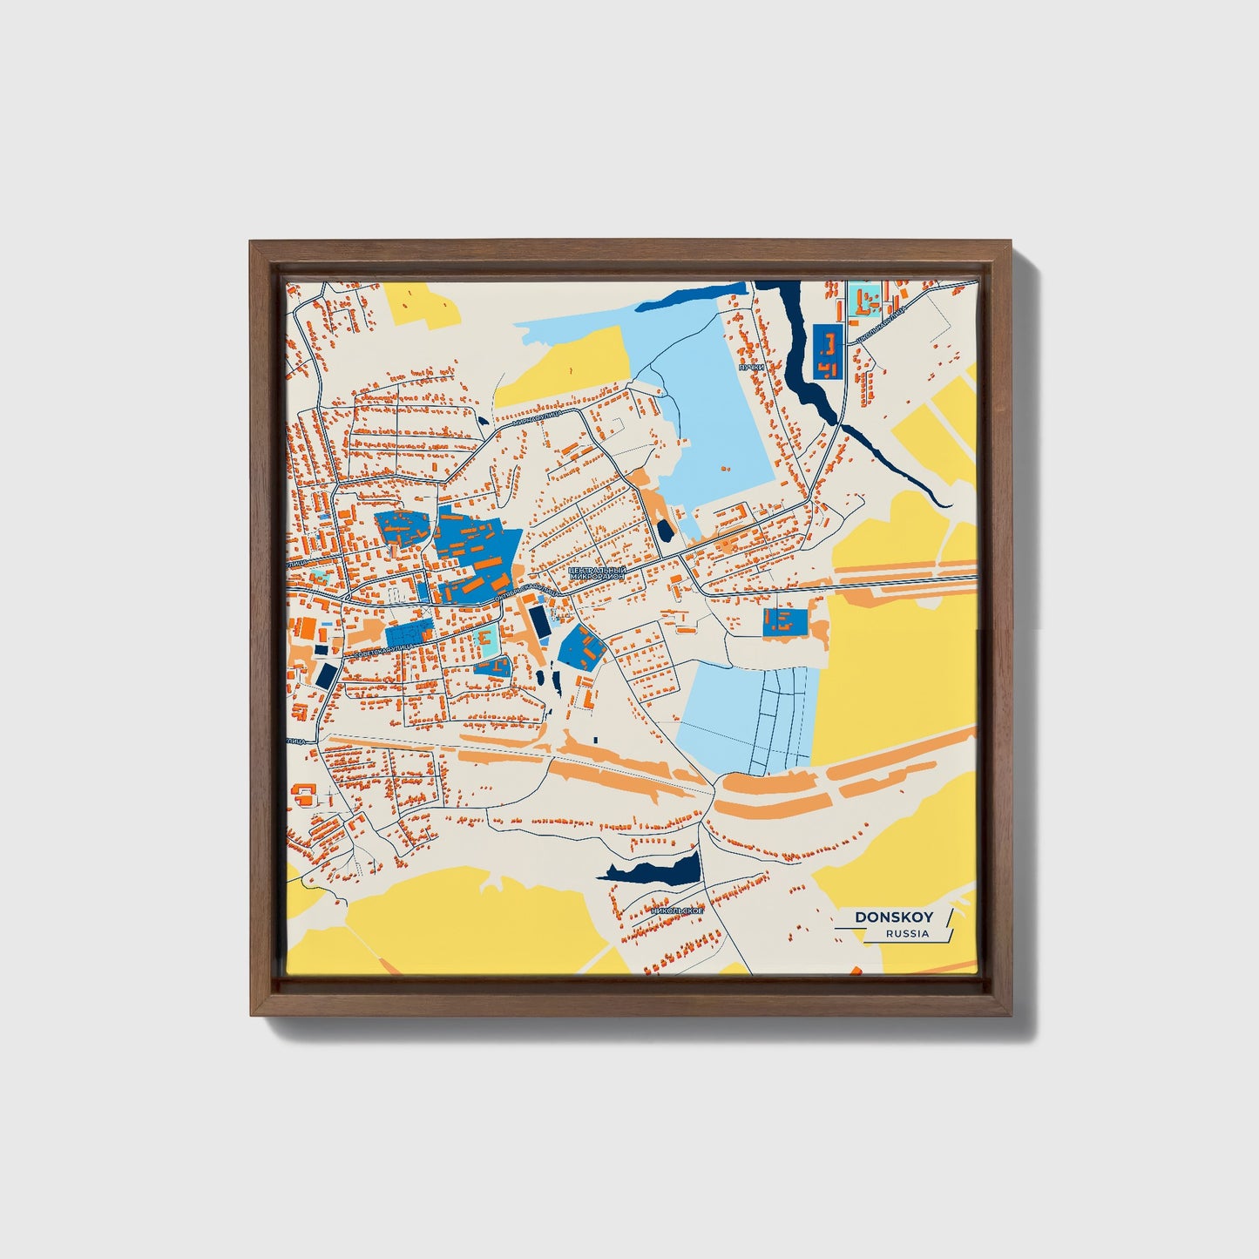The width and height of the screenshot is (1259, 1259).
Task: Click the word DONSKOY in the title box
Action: [x=894, y=917]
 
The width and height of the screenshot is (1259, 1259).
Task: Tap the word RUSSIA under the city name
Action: [x=907, y=934]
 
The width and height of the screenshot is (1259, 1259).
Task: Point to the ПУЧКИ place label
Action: [x=750, y=368]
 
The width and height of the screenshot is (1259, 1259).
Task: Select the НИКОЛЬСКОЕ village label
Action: [x=676, y=910]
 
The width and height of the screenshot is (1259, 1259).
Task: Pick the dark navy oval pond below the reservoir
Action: [x=665, y=530]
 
